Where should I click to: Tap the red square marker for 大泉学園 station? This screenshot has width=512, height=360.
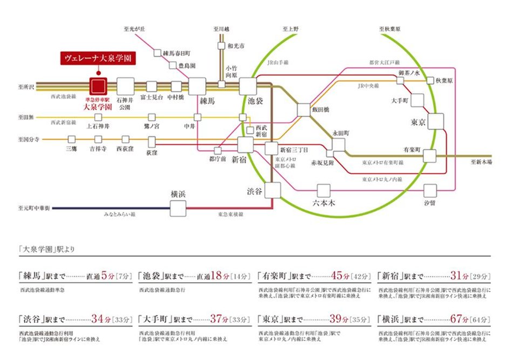(x=98, y=86)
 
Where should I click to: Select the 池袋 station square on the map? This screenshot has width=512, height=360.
(x=248, y=86)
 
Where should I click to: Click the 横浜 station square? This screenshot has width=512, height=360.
(x=178, y=208)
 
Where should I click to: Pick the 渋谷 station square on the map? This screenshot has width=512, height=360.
(x=273, y=190)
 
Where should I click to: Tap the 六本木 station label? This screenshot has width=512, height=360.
(x=324, y=202)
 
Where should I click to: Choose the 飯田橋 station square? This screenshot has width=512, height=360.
(x=305, y=110)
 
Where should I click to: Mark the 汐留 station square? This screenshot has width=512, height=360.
(x=430, y=190)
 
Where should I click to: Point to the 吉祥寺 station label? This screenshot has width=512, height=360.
(x=98, y=148)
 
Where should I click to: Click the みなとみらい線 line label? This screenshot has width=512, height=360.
(x=119, y=215)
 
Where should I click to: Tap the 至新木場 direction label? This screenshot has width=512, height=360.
(x=481, y=162)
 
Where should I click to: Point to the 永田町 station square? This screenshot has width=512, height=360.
(x=339, y=144)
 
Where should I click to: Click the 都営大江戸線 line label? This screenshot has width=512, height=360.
(x=384, y=62)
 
